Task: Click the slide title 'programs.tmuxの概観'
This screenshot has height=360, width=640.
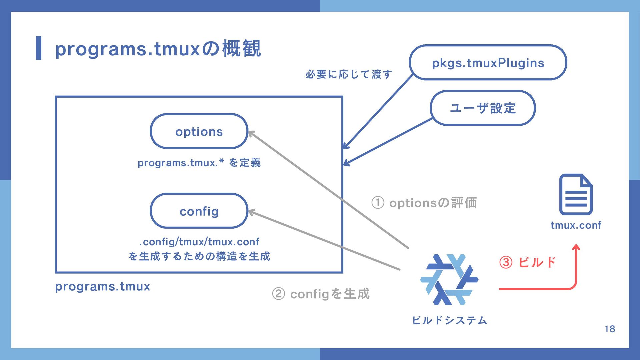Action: click(158, 49)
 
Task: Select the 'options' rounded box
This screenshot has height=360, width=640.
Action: click(199, 131)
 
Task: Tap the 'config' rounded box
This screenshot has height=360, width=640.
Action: click(199, 211)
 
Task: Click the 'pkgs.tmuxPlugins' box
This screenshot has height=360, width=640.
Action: click(488, 63)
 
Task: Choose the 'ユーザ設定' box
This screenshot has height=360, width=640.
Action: click(483, 108)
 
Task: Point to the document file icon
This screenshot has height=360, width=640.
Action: click(576, 194)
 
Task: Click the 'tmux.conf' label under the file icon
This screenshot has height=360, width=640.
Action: click(576, 225)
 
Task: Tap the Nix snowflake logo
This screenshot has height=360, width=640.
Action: click(449, 280)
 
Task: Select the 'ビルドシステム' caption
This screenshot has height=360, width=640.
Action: click(449, 320)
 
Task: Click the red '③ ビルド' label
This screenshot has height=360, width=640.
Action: click(528, 262)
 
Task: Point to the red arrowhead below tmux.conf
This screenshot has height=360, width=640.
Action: click(576, 248)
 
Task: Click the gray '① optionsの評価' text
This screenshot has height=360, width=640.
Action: click(424, 203)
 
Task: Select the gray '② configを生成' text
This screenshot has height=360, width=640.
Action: click(321, 294)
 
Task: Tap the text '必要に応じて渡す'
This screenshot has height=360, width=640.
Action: click(349, 74)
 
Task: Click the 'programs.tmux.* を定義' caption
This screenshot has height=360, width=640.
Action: click(199, 163)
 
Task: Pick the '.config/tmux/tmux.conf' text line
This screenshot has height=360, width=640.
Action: click(199, 242)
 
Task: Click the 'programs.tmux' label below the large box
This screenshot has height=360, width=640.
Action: click(103, 286)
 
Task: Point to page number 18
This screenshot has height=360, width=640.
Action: click(610, 329)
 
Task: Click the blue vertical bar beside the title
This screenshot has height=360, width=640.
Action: click(39, 48)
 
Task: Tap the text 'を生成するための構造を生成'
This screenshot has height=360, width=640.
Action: click(199, 256)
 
